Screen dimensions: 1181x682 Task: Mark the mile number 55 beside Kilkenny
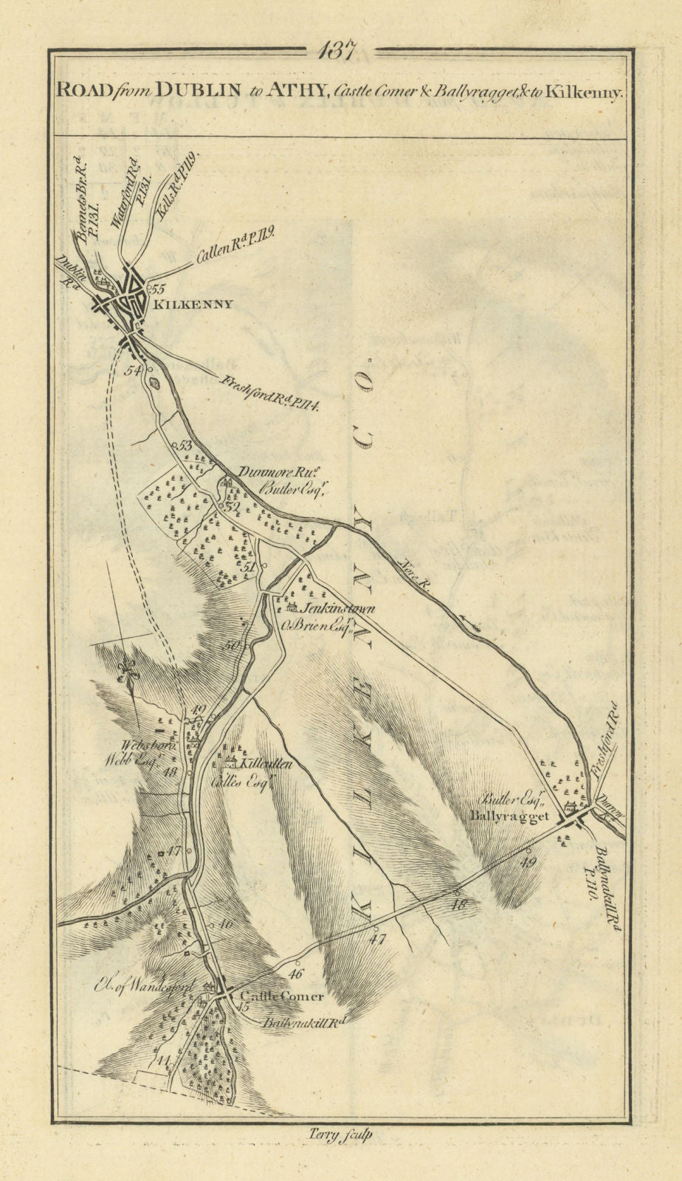coord(159,289)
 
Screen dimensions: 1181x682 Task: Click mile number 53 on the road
coord(185,445)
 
